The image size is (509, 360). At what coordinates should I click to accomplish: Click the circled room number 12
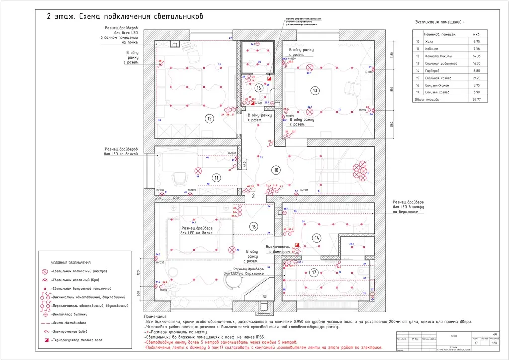click(210, 118)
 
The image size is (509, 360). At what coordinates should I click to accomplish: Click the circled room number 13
click(315, 90)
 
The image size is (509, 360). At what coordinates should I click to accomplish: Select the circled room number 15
click(254, 227)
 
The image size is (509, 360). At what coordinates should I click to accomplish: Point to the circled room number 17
click(314, 272)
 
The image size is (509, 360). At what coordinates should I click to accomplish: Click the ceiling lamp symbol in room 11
click(198, 170)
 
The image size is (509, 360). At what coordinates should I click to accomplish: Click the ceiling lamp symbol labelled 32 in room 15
click(231, 250)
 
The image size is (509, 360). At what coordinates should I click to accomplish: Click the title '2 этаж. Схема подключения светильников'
click(125, 16)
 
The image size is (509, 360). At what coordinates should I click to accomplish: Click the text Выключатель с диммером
click(281, 249)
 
